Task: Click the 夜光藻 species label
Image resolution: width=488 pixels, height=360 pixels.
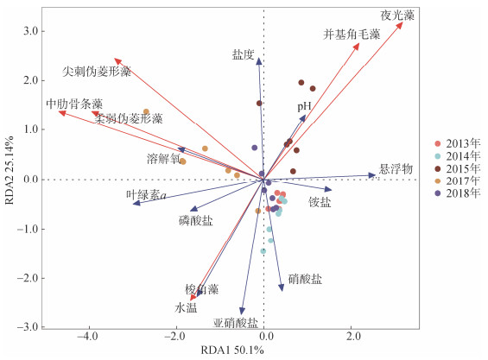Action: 397,16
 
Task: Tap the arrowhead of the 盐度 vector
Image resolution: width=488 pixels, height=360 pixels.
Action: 259,61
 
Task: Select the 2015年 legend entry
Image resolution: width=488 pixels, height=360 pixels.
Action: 458,168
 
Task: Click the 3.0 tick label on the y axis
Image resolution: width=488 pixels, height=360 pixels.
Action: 30,31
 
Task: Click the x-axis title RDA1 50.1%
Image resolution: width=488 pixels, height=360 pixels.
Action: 232,350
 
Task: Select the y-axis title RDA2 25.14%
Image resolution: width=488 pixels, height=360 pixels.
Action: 10,170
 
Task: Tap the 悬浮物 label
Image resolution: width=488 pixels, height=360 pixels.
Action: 396,169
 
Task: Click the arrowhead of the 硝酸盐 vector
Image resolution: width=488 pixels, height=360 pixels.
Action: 282,287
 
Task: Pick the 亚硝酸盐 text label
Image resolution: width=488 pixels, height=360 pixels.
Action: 236,323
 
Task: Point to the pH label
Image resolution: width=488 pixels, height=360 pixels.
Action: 304,107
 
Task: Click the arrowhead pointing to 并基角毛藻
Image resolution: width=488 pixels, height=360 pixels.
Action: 357,47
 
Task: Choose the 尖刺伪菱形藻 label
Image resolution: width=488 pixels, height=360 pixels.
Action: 97,72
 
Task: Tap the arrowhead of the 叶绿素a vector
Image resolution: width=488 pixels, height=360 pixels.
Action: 136,203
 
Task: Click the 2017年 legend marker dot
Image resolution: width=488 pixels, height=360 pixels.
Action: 438,180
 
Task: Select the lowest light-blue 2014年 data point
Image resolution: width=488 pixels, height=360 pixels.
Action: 263,251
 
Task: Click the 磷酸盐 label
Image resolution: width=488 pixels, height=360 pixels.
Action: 196,221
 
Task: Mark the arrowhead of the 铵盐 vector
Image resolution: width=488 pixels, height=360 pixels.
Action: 328,189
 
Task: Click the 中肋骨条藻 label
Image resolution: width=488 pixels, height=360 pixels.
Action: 74,104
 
